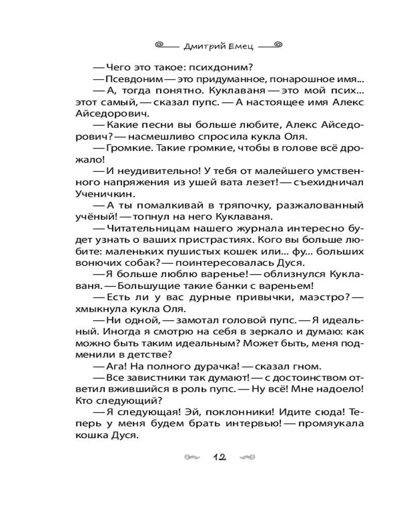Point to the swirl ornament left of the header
click(164, 45)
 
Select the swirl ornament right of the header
click(278, 45)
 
